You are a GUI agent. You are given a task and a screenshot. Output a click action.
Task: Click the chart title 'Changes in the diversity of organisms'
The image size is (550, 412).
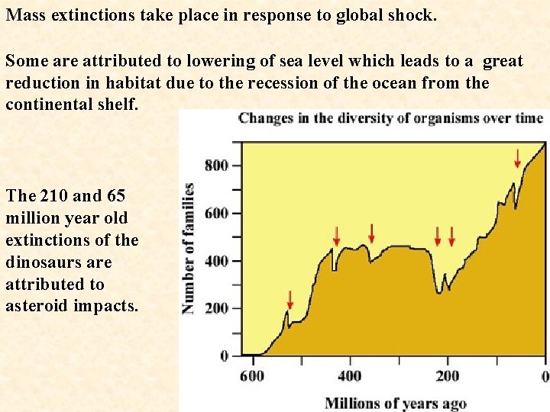390,118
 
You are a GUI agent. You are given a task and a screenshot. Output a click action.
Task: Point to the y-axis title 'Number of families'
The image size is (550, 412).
188,248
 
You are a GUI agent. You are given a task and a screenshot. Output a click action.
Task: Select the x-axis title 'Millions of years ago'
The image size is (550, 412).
395,403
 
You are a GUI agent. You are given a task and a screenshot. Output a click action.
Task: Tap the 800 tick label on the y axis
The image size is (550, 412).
216,166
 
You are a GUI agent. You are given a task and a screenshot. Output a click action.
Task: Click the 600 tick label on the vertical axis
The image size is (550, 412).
216,213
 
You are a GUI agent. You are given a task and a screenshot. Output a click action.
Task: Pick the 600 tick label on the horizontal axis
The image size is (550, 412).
252,375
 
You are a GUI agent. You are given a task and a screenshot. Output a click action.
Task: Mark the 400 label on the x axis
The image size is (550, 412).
350,375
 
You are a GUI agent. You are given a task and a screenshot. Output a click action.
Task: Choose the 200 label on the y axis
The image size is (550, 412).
216,308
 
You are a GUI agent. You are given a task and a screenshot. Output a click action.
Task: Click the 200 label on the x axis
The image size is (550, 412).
448,375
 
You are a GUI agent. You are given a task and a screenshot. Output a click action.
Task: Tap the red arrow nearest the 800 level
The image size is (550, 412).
518,159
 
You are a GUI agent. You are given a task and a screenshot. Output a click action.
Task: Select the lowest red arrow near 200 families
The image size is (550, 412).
290,298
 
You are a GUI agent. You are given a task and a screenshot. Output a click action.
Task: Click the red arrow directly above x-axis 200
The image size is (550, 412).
451,237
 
